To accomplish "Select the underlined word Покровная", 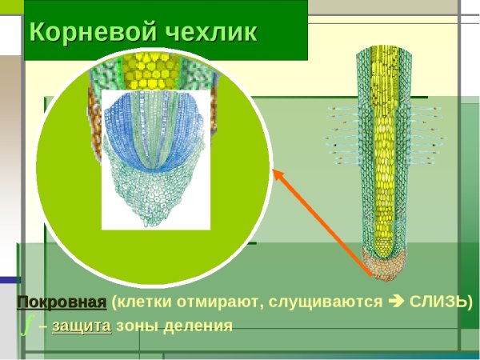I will (62, 302).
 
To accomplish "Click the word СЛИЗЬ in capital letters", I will (437, 302).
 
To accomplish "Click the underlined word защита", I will (82, 326).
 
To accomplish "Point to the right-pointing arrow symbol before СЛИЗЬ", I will (396, 302).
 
